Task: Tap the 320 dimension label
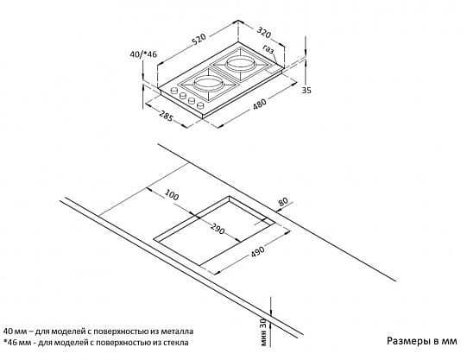point(264,33)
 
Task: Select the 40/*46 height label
point(143,54)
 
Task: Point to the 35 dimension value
point(306,90)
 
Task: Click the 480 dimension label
point(260,104)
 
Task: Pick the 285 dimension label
point(166,117)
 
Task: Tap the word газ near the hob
point(268,49)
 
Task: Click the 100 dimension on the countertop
point(172,195)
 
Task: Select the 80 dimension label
point(283,201)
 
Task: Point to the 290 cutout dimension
point(218,229)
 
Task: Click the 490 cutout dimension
point(257,251)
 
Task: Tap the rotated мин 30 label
point(263,332)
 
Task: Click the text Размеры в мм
point(422,341)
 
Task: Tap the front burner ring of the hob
point(205,83)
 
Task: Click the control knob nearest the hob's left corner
point(173,91)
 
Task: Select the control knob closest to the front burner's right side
point(201,104)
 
